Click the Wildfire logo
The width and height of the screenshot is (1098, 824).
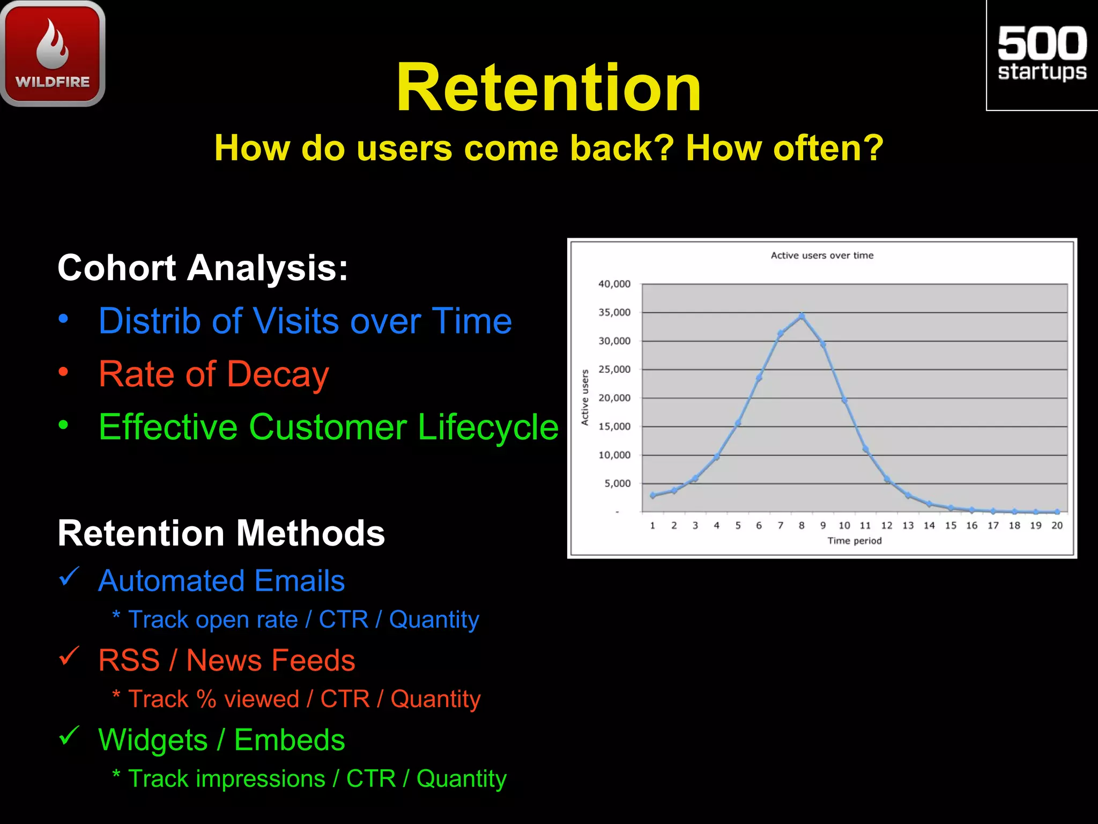(x=53, y=54)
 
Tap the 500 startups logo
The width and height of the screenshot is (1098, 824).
(x=1042, y=54)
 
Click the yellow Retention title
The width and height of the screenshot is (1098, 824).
(x=548, y=87)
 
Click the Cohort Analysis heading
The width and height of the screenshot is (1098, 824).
(x=203, y=268)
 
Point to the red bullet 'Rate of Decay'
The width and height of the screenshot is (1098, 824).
(x=213, y=374)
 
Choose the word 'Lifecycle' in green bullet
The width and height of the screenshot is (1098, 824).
(x=487, y=428)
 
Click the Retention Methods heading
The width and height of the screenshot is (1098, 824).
(x=221, y=533)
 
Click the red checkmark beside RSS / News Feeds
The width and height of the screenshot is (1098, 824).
(x=69, y=656)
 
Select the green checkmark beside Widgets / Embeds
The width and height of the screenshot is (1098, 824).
(x=69, y=735)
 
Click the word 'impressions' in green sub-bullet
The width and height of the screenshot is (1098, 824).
(x=260, y=779)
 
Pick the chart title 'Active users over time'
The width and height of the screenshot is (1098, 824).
(x=822, y=255)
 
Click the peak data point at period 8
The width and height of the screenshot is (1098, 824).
(x=802, y=316)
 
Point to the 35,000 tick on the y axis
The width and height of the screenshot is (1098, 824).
(x=614, y=312)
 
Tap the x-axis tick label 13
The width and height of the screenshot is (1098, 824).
(x=908, y=526)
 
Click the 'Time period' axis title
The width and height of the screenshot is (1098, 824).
(x=854, y=541)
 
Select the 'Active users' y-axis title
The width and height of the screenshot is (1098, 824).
(x=585, y=397)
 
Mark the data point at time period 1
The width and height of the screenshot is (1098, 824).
(x=652, y=495)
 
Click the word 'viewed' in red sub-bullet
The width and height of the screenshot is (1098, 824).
(x=261, y=700)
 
